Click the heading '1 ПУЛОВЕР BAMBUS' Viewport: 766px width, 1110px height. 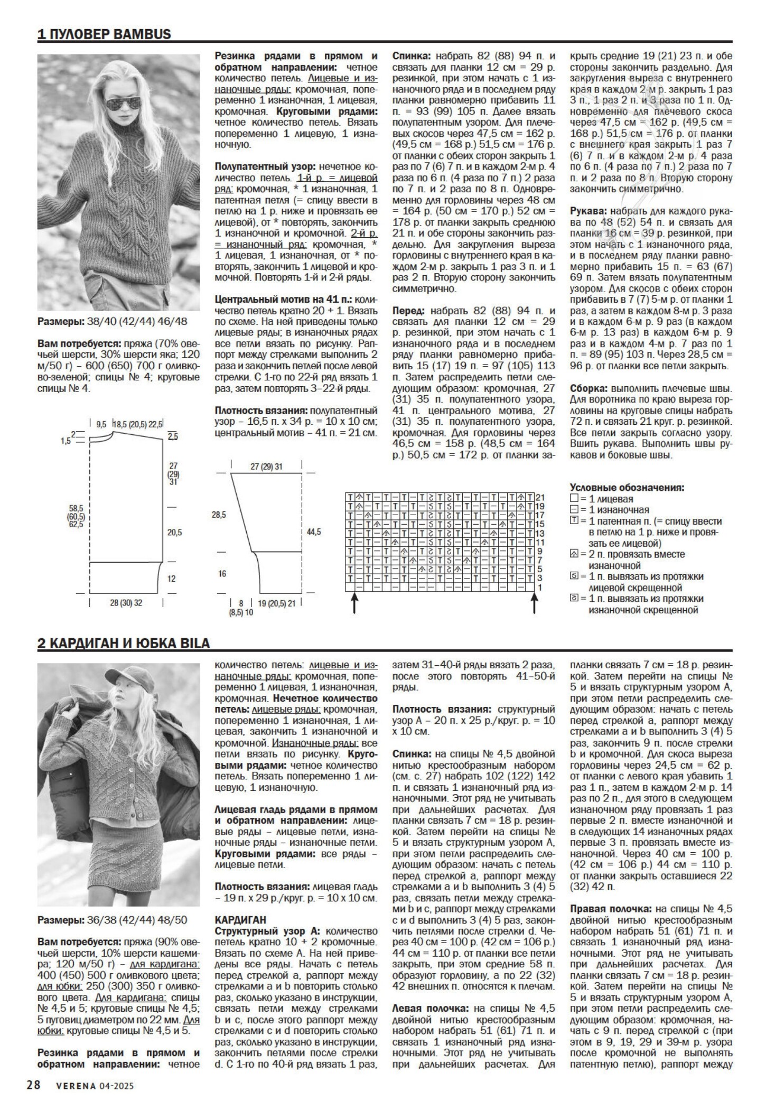tap(104, 34)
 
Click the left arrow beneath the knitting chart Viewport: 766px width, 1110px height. tap(353, 602)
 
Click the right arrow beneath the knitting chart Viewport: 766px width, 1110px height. tap(534, 602)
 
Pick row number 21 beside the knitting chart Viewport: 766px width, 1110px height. tap(540, 497)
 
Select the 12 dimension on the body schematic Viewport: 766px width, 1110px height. tap(171, 579)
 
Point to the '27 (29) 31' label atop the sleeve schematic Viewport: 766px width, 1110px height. tap(267, 467)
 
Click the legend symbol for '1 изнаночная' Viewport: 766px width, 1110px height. tap(574, 510)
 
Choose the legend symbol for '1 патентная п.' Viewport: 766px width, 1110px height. tap(574, 521)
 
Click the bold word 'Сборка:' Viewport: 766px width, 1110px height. tap(588, 386)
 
